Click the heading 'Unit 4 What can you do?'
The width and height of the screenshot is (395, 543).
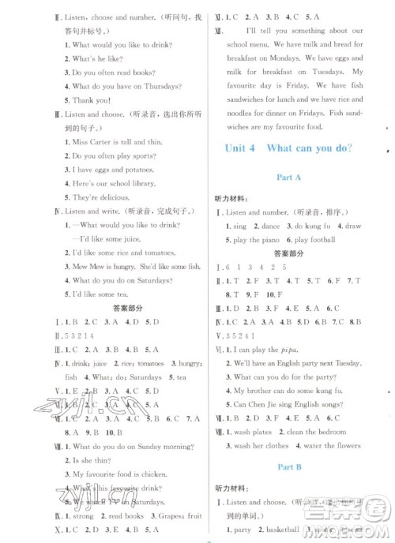[288, 148]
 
